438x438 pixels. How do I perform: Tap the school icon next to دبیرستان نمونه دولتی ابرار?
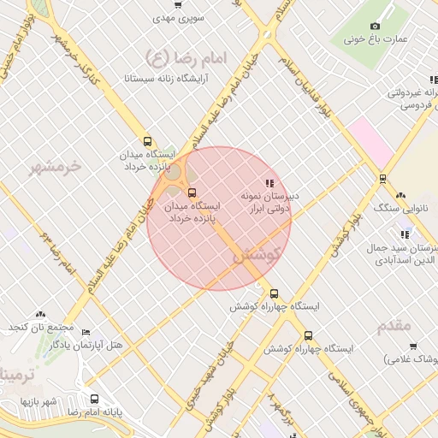pos(269,183)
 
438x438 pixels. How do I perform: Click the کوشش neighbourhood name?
pos(256,254)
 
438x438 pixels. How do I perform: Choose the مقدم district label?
pos(394,326)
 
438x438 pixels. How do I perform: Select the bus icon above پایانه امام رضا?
pos(94,399)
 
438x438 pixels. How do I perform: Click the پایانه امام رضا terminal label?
pos(95,413)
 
